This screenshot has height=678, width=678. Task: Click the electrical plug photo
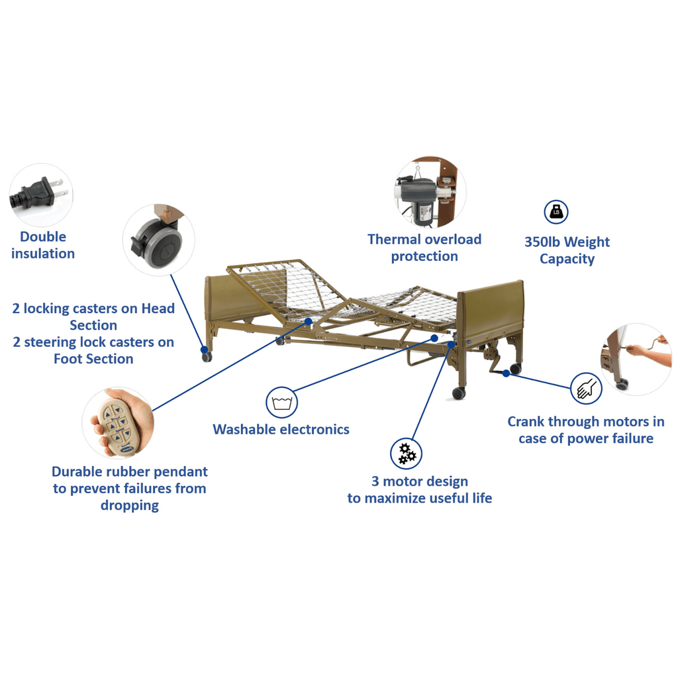[38, 194]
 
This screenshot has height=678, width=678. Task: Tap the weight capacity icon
[556, 212]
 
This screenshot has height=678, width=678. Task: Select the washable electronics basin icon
[282, 403]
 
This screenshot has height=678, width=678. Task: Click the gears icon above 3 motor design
[406, 453]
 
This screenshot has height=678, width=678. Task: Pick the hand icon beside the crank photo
[586, 388]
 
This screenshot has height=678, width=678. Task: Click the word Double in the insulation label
[43, 236]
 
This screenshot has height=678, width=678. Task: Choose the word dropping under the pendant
[130, 505]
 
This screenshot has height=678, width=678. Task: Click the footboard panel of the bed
[491, 311]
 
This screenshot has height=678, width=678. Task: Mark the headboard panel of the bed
[236, 299]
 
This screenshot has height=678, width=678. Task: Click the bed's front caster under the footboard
[458, 393]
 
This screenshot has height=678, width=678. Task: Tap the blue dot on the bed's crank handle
[506, 373]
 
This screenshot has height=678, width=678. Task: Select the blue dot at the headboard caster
[205, 350]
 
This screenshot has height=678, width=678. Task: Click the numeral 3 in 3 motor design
[375, 481]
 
